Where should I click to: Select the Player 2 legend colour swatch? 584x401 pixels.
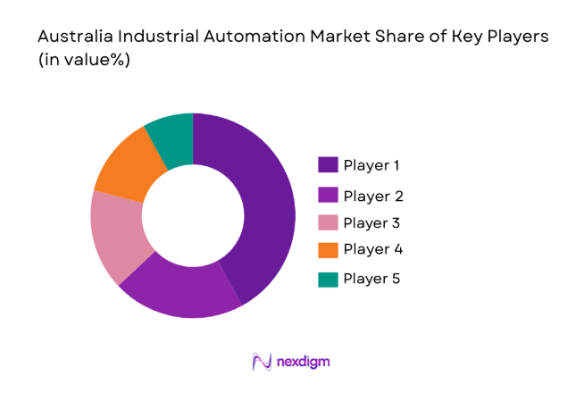click(328, 195)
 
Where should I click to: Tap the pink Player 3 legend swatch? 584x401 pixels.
click(328, 221)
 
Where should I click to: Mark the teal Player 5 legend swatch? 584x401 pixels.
click(328, 279)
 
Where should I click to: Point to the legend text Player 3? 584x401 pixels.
click(373, 221)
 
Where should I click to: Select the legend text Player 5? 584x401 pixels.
click(372, 279)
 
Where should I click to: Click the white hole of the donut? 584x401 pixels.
click(193, 215)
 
